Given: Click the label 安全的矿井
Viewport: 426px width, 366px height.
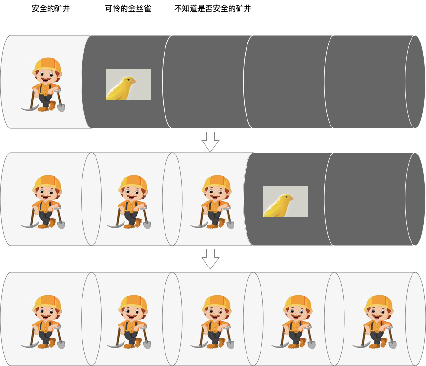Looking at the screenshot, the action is pos(51,8).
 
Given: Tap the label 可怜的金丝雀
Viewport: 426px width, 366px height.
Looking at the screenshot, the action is pos(128,8).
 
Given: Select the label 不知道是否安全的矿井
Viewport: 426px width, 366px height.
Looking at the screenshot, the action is pos(213,8).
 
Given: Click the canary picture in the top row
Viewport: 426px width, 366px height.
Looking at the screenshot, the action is pos(128,84).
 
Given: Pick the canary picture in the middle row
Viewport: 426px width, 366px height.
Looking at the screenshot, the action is pos(286,202).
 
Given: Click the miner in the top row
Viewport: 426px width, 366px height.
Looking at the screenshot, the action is pos(43,84).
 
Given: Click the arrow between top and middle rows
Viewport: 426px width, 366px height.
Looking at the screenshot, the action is pos(210,142).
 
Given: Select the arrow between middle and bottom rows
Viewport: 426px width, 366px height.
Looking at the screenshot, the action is pos(210,259).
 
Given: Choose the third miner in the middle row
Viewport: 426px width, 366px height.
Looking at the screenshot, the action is pos(212,202).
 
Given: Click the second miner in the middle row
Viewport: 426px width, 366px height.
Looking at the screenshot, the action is pos(129,202).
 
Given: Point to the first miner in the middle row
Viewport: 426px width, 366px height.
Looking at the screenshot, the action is pos(43,202).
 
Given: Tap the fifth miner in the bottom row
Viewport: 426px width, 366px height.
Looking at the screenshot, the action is pos(374,322).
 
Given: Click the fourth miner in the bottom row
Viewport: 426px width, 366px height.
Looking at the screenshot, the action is pos(293,322).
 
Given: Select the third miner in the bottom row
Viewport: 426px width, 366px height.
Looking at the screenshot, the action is pos(212,322).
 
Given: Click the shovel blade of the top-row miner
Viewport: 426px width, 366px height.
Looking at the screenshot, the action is pos(61,107).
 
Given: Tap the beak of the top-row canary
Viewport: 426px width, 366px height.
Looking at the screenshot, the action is pos(134,81).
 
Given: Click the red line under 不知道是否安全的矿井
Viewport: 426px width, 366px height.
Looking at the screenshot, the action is pos(213,26).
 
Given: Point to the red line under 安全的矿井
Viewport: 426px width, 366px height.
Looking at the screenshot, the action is pos(51,26).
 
